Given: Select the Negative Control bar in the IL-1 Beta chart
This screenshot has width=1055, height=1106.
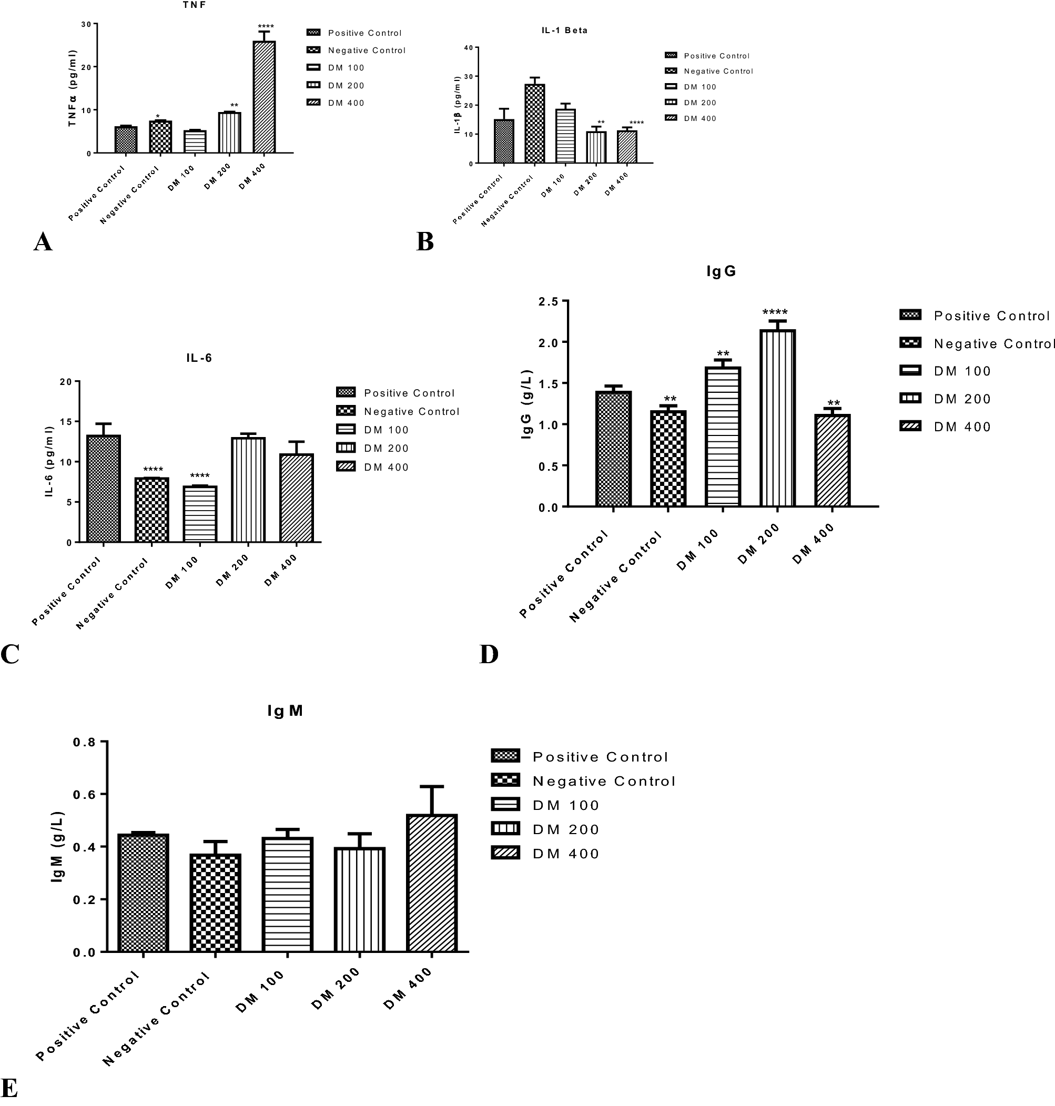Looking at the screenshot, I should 534,124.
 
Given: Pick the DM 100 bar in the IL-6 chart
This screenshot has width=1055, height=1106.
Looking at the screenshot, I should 200,514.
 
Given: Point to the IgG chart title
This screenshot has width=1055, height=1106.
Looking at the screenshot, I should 721,271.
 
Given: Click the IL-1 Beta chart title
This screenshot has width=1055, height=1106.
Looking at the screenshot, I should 565,31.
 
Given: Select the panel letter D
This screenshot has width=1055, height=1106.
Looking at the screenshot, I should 489,654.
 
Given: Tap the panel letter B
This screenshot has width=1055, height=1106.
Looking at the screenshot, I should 424,242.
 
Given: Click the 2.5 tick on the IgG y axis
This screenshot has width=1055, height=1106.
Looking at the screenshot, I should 549,302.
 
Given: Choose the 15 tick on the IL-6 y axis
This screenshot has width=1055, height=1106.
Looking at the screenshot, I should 66,422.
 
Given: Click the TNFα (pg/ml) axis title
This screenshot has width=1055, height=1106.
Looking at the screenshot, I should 73,88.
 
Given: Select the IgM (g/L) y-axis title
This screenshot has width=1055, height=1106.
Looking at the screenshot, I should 58,847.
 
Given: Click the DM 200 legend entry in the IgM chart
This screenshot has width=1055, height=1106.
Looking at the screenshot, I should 565,829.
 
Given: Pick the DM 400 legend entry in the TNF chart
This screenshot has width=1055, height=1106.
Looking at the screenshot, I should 346,103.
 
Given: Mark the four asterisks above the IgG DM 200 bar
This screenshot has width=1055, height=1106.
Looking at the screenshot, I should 774,312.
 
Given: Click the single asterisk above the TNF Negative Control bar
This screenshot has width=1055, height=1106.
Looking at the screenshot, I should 158,117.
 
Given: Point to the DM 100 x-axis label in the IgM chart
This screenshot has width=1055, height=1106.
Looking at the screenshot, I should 259,992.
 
